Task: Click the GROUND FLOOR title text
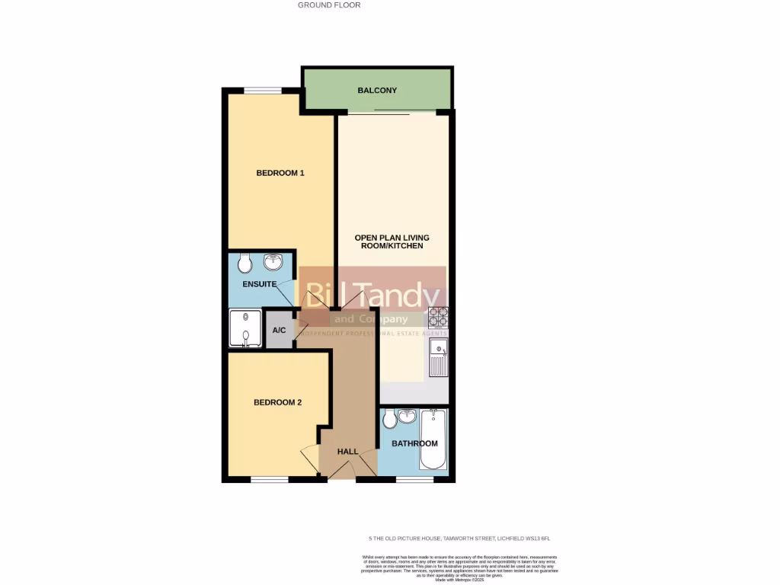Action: (x=329, y=5)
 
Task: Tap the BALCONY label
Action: (x=377, y=91)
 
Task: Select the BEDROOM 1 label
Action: (x=280, y=173)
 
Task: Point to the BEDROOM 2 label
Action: (x=277, y=402)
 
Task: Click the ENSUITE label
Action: (x=259, y=284)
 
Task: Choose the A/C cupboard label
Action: (x=279, y=331)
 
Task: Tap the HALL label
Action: (x=347, y=452)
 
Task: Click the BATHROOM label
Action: (x=414, y=443)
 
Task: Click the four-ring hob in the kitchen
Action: (x=438, y=317)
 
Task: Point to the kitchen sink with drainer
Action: (x=438, y=358)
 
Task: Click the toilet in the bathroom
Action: (x=389, y=419)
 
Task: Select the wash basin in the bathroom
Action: (x=407, y=416)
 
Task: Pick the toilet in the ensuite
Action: (x=244, y=264)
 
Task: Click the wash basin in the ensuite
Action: (x=273, y=263)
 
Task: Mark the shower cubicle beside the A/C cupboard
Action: (x=245, y=328)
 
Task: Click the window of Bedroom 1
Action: (x=263, y=91)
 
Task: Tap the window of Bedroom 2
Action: (x=270, y=480)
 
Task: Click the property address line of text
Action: (x=459, y=539)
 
